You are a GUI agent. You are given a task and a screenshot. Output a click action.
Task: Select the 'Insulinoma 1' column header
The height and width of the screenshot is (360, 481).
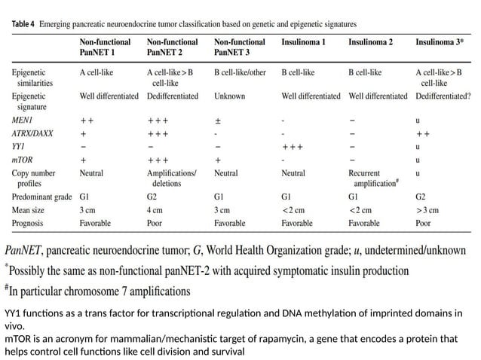[303, 43]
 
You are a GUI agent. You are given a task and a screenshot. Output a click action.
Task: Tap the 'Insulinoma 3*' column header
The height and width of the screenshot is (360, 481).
[440, 43]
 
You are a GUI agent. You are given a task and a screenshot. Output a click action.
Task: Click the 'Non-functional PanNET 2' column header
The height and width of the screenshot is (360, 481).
[173, 48]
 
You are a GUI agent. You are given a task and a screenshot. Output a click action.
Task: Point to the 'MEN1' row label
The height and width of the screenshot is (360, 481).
[23, 120]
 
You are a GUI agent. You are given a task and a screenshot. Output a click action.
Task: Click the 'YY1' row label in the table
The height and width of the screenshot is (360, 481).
[19, 147]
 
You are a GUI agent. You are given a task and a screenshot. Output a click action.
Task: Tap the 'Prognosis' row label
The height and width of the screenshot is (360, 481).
[29, 224]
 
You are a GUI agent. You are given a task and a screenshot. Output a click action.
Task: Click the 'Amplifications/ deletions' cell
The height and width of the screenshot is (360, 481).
[172, 178]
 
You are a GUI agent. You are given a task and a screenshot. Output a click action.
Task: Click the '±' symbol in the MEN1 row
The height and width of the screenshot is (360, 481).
[218, 120]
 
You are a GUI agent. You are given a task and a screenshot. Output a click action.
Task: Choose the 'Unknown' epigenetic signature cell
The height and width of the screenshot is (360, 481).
[230, 96]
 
